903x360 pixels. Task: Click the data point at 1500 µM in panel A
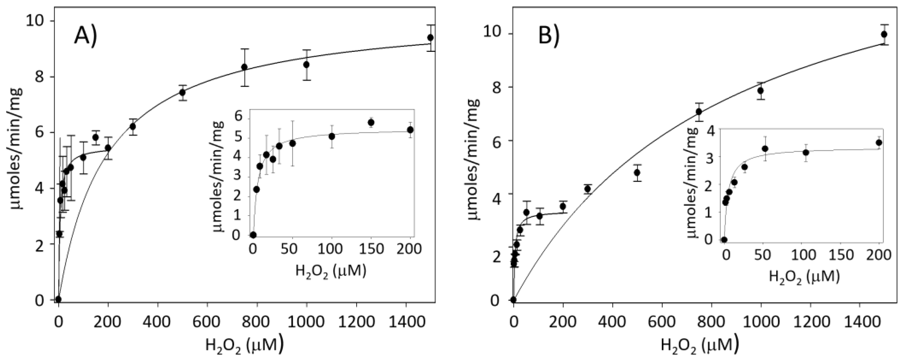click(x=430, y=38)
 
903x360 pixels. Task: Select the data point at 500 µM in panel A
click(x=182, y=92)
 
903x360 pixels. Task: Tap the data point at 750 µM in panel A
click(x=244, y=67)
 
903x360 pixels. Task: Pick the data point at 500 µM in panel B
click(x=637, y=172)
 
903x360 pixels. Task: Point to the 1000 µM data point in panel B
click(x=761, y=90)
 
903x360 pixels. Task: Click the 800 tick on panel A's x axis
click(x=257, y=321)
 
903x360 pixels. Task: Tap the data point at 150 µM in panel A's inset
click(x=371, y=122)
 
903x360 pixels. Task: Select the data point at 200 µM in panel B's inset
click(x=879, y=142)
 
